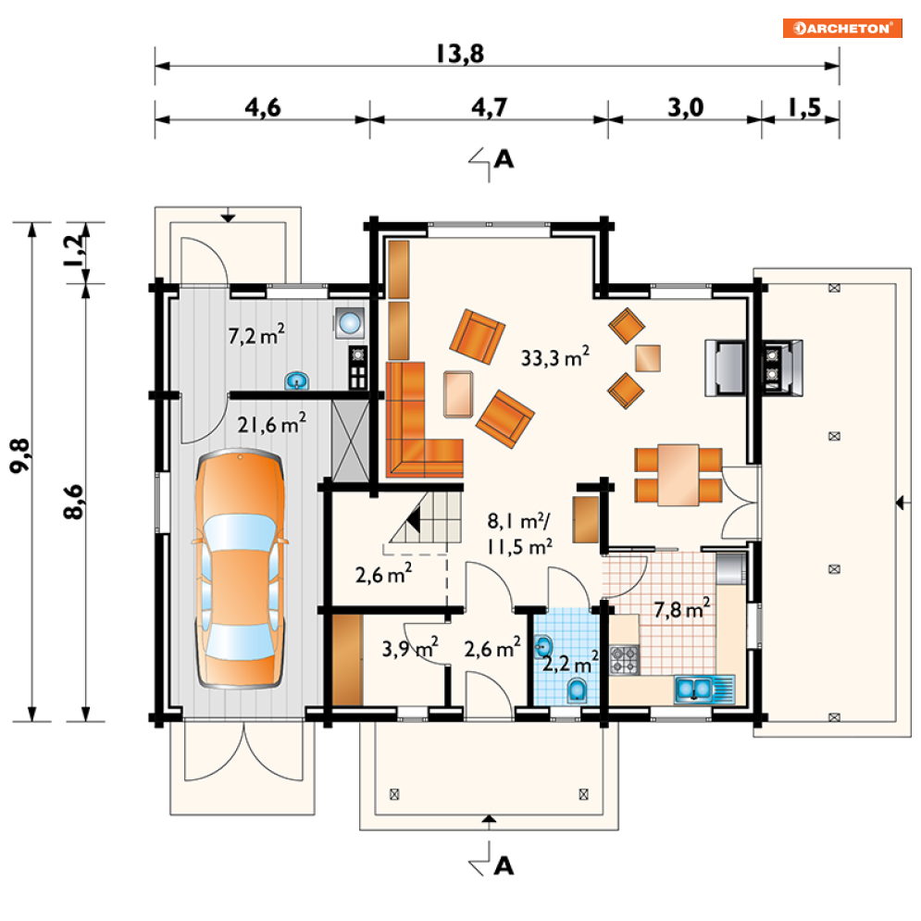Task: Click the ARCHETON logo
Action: [842, 28]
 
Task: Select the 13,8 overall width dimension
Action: [460, 54]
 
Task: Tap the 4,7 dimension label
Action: [490, 108]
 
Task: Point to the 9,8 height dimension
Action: [20, 455]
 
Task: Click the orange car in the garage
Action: [240, 568]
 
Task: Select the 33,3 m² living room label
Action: [555, 357]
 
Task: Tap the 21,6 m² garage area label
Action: [271, 424]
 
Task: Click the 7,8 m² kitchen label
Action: [681, 609]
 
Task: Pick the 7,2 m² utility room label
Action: [256, 335]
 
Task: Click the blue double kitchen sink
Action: [704, 689]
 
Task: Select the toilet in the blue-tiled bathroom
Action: [578, 690]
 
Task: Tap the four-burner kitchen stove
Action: [624, 660]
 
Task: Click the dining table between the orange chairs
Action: [678, 475]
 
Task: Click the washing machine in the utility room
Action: [350, 323]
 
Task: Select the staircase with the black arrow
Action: [425, 517]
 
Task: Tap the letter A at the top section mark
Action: [504, 159]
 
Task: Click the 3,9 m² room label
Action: [410, 648]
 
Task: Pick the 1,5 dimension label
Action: [804, 108]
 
